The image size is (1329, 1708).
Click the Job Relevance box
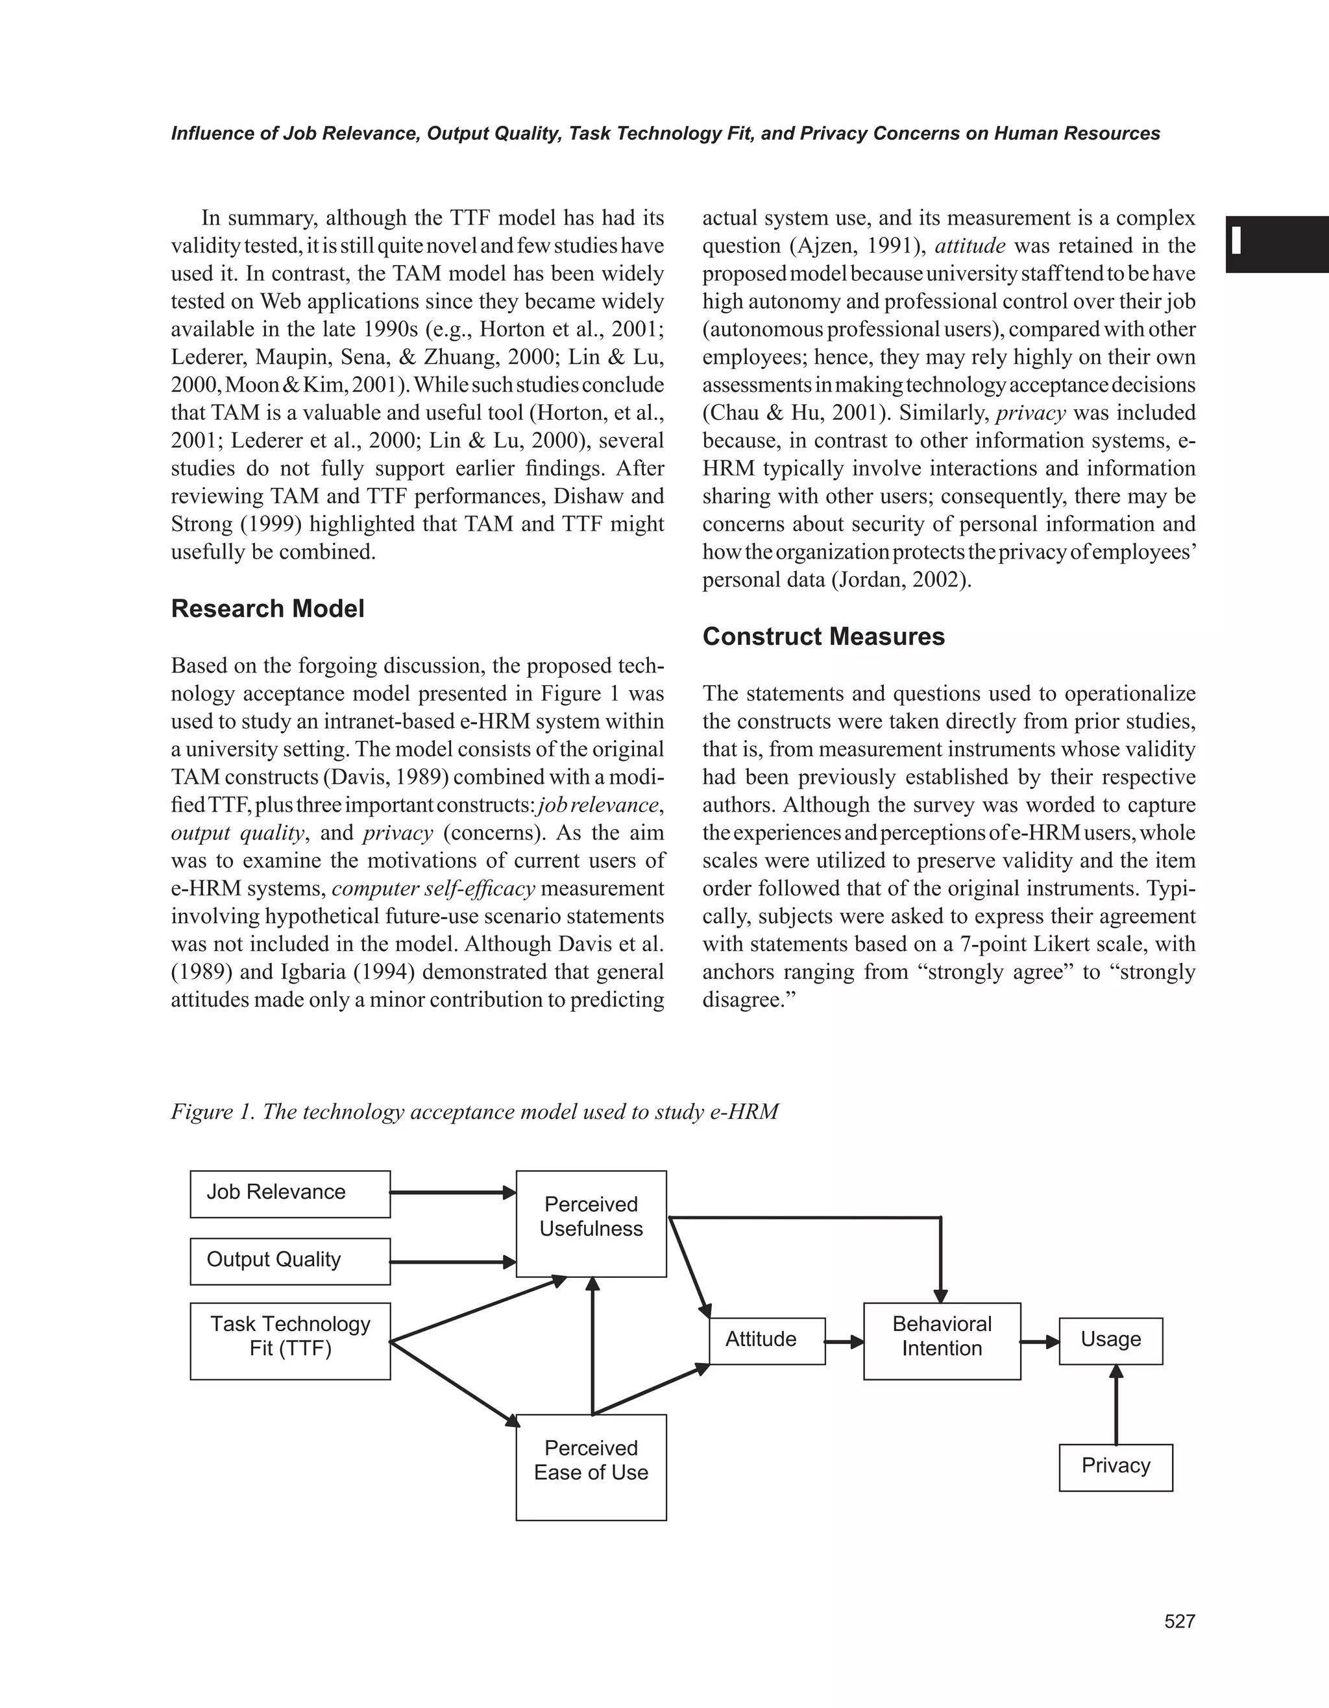pyautogui.click(x=289, y=1194)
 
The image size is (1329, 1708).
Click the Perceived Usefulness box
pyautogui.click(x=591, y=1223)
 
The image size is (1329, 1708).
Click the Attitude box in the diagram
pyautogui.click(x=766, y=1340)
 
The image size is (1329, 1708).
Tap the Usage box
pyautogui.click(x=1111, y=1340)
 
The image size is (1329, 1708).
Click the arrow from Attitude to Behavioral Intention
pyautogui.click(x=845, y=1342)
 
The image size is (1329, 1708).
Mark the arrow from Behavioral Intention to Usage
pyautogui.click(x=1040, y=1342)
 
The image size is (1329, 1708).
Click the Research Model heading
pyautogui.click(x=267, y=608)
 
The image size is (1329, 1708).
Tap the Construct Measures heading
pyautogui.click(x=823, y=636)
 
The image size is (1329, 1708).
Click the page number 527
pyautogui.click(x=1180, y=1621)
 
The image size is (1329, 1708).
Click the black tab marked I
pyautogui.click(x=1276, y=244)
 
